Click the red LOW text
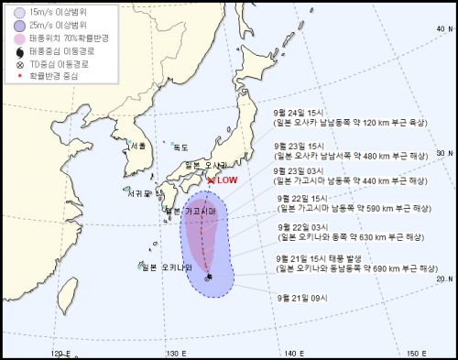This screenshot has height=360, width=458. pyautogui.click(x=226, y=180)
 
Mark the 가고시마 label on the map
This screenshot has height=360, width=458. pyautogui.click(x=199, y=211)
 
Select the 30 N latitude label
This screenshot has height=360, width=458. pyautogui.click(x=445, y=154)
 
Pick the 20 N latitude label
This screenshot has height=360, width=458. pyautogui.click(x=445, y=278)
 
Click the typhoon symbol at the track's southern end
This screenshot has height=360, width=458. pyautogui.click(x=210, y=277)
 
